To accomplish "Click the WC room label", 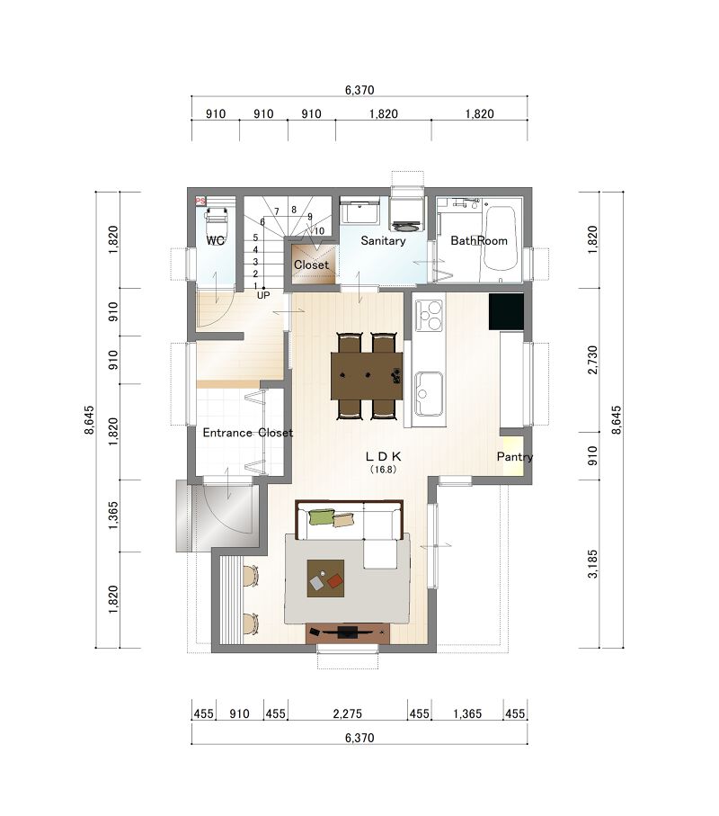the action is point(215,240).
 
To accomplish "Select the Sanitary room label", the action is point(383,240).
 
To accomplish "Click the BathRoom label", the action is point(479,240).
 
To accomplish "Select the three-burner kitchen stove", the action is point(430,316).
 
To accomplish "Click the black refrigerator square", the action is point(506,311).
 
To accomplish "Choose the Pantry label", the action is point(515,456).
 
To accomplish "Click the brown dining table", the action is point(367,375).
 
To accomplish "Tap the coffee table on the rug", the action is point(325,578).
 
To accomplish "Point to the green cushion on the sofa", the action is point(320,516).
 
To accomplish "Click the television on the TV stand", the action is point(347,632).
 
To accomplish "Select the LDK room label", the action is point(383,456).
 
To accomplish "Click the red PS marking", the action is point(200,201).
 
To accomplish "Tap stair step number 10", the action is point(319,231).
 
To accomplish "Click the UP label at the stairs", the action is point(263,295).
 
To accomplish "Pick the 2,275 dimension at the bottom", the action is point(347,713).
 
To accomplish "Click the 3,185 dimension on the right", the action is point(592,563).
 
